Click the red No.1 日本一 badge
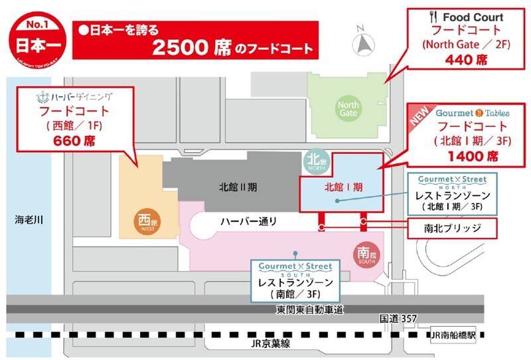(36, 38)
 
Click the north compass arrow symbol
(363, 45)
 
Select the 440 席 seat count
(463, 60)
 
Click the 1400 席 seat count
(473, 157)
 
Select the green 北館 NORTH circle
(314, 162)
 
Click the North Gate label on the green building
(349, 109)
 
